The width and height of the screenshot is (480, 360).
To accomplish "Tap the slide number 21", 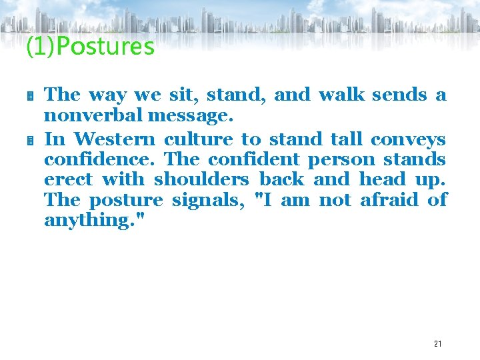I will click(x=437, y=344).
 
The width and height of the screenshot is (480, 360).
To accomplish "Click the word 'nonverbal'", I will click(x=93, y=115).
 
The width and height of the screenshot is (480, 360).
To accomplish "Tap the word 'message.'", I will click(x=191, y=117).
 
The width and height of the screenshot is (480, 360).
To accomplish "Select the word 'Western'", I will click(x=115, y=139).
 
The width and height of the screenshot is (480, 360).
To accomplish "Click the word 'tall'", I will click(x=346, y=139).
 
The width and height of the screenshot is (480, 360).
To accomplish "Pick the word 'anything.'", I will click(x=86, y=221).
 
